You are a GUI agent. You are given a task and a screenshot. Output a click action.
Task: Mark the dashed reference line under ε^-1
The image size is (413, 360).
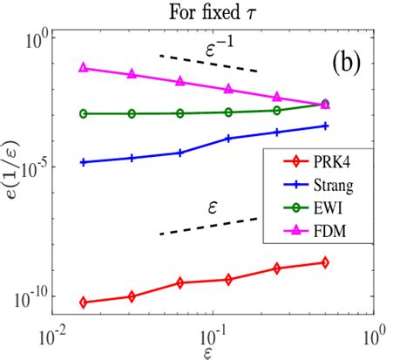(208, 63)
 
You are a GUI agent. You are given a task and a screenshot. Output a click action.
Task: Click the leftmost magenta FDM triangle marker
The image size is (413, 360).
(84, 67)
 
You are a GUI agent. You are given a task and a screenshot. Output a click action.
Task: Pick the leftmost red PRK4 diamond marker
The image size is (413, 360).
(84, 302)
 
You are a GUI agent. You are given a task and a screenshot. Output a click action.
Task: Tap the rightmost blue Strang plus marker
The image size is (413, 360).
(325, 126)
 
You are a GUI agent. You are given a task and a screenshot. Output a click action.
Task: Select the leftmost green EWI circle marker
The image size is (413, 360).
(84, 113)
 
